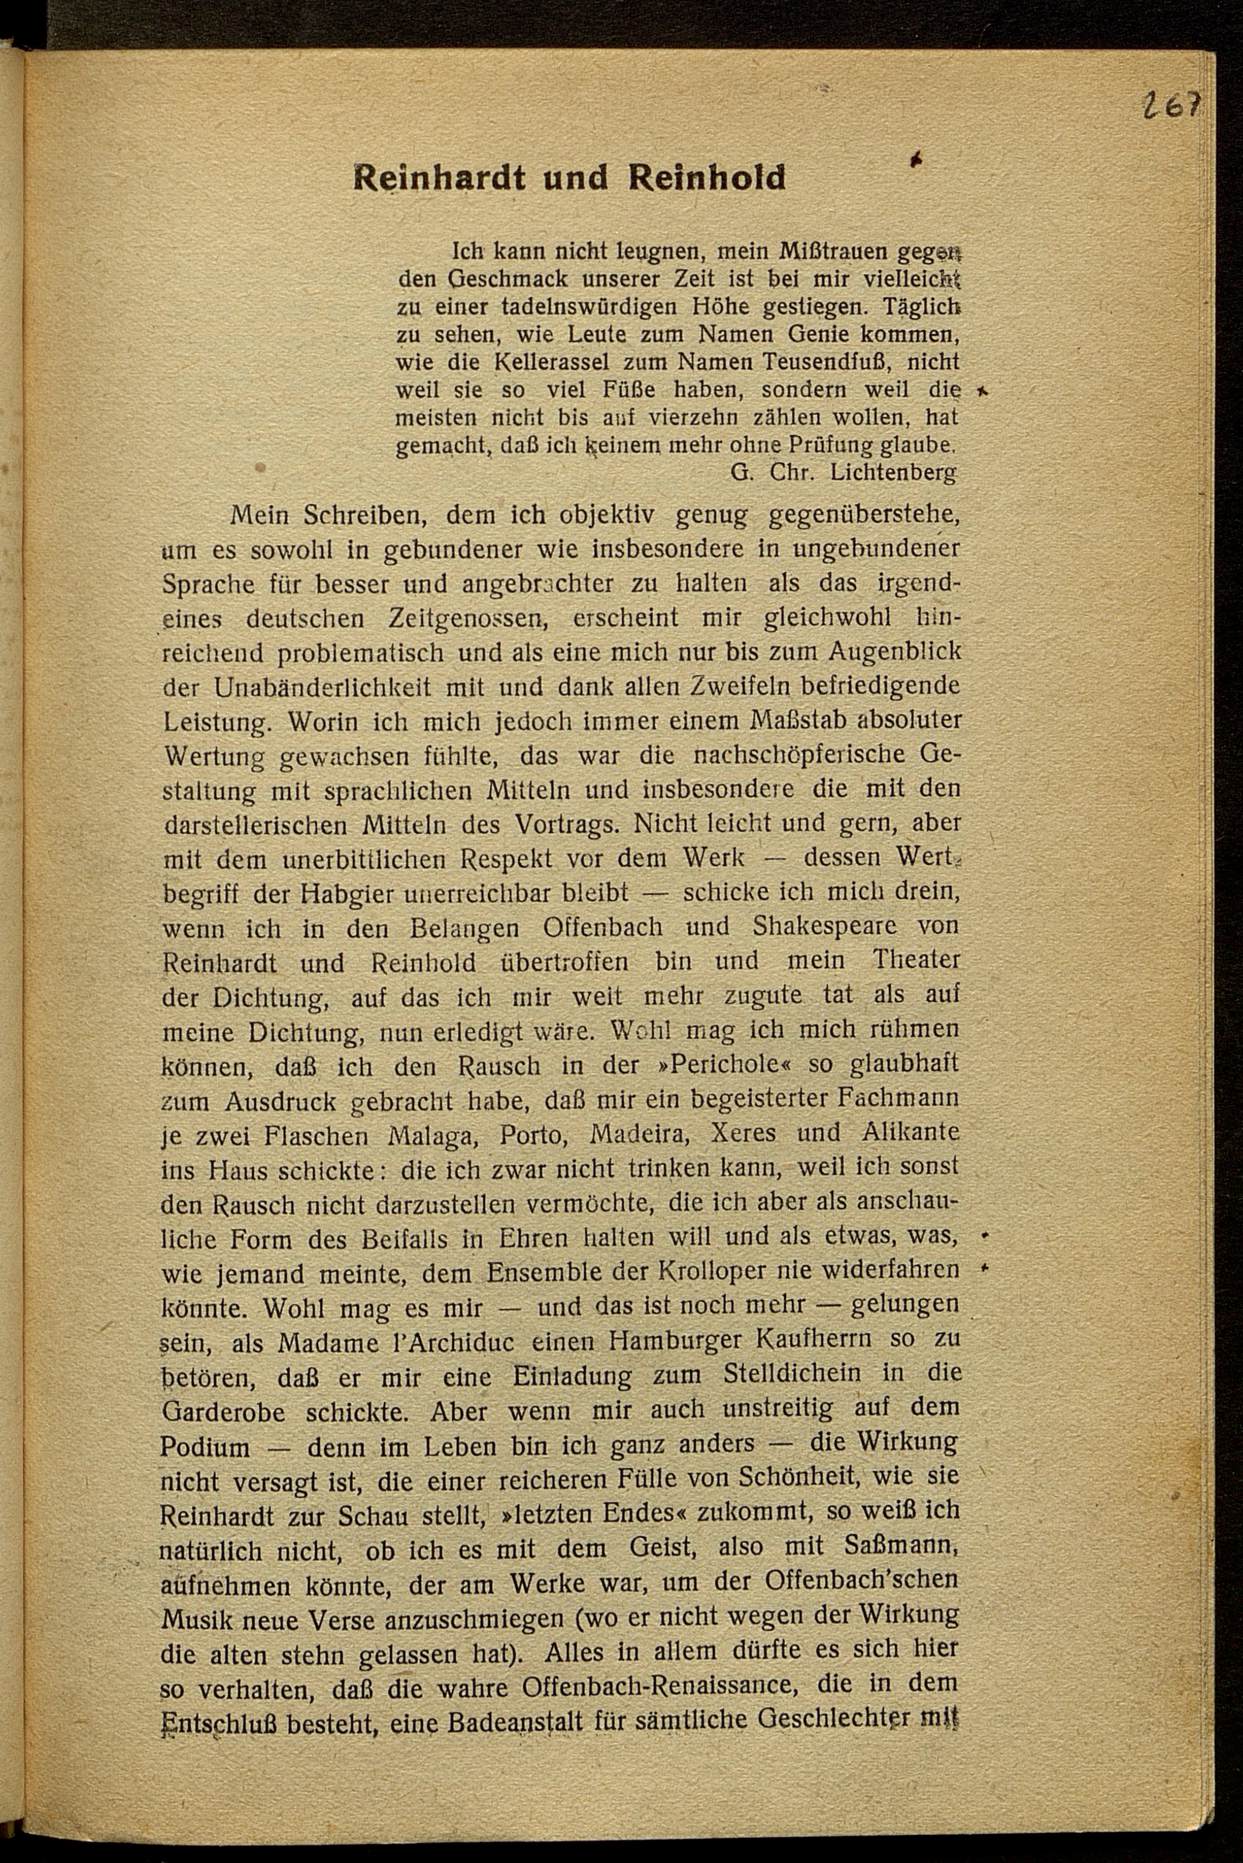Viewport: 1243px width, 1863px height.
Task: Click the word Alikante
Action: click(910, 1133)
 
